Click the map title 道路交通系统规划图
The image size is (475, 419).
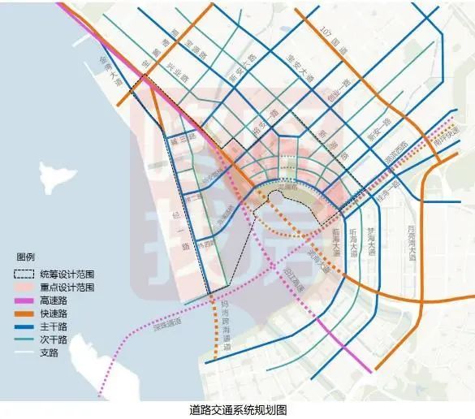237,409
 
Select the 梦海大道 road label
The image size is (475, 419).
373,243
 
